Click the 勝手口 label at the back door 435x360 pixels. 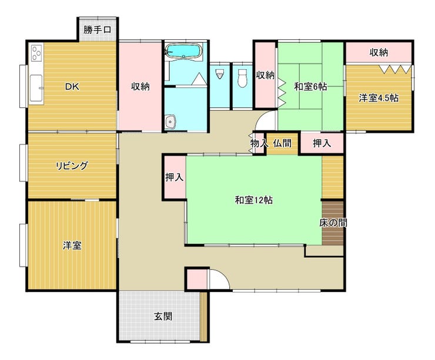(97, 29)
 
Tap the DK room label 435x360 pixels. (72, 87)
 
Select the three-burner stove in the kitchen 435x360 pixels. (36, 53)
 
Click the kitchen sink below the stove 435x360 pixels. (36, 88)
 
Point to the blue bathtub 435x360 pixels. (184, 51)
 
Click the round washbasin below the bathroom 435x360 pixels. (170, 122)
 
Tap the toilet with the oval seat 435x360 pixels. (242, 78)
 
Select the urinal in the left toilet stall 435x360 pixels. (220, 74)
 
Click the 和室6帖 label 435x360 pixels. (310, 87)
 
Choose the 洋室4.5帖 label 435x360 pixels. (379, 98)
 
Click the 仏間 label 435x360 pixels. (282, 143)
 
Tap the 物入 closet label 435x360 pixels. (259, 143)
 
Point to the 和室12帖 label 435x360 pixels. (253, 200)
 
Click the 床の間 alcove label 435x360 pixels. (333, 223)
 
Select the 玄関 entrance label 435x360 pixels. (163, 316)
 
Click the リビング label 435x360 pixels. (72, 166)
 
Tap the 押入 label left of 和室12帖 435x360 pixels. (174, 177)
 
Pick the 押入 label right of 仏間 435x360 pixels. (322, 143)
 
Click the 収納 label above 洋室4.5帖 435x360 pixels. (379, 52)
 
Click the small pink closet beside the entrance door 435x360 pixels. (197, 279)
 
